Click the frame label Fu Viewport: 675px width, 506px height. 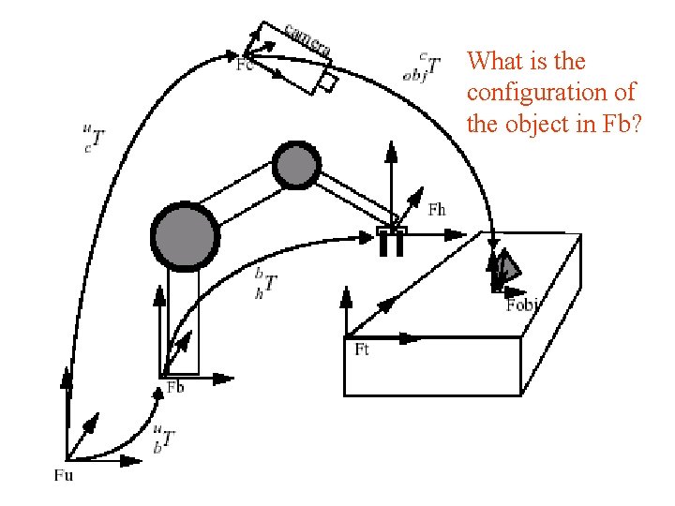[64, 475]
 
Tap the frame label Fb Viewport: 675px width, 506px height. [175, 388]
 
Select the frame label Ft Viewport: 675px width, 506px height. [362, 350]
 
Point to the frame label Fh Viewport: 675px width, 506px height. [437, 210]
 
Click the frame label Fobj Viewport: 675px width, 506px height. [523, 305]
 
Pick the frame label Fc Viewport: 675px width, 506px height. [244, 66]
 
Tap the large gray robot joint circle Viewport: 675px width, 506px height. [185, 234]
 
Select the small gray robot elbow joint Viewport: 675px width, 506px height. [295, 165]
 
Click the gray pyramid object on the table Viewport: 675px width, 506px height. [505, 269]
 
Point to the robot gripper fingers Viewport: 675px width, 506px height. [391, 243]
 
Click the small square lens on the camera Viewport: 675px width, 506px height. [327, 82]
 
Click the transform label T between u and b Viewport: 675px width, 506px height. [167, 438]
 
